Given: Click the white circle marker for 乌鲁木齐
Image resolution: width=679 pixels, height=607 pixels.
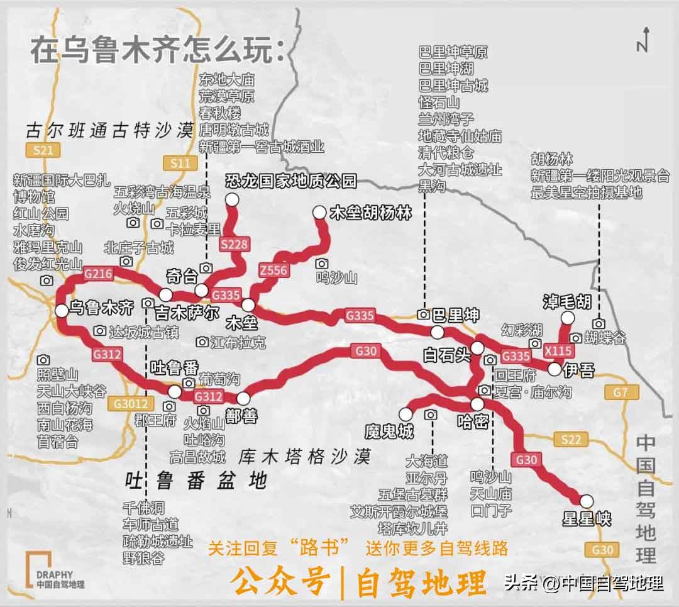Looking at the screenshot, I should click(x=62, y=309).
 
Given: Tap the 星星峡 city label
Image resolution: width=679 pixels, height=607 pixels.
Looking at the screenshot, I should click(x=587, y=519).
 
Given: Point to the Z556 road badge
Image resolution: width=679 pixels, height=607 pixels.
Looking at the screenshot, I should click(x=273, y=271).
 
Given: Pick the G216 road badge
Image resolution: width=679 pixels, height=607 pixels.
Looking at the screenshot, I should click(x=97, y=274).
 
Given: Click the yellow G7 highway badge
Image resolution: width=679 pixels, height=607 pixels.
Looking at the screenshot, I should click(x=621, y=393).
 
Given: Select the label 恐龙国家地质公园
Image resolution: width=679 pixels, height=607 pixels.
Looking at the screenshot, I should click(x=291, y=182).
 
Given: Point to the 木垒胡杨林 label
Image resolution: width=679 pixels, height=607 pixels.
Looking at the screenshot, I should click(x=371, y=214).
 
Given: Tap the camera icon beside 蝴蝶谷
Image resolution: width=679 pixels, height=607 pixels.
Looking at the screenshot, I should click(x=575, y=338).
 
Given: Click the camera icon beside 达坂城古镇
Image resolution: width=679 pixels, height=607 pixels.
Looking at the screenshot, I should click(x=99, y=331).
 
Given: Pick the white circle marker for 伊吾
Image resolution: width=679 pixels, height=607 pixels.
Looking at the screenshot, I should click(x=555, y=369).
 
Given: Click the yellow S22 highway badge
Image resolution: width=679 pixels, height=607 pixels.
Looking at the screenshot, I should click(x=571, y=440).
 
